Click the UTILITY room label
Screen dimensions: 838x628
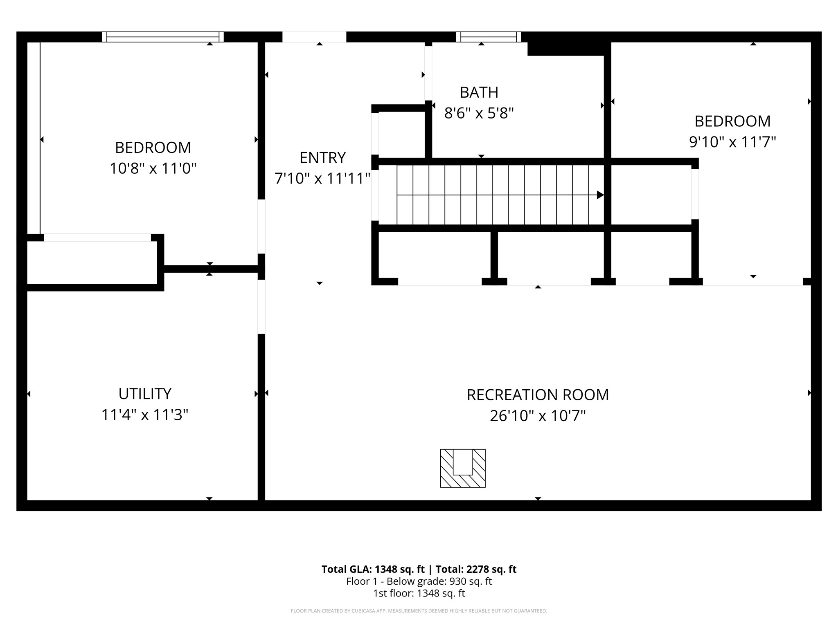click(x=145, y=394)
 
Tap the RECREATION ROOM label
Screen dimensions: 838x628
click(x=538, y=395)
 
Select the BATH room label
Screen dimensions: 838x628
click(x=479, y=92)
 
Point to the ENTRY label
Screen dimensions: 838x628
click(x=322, y=157)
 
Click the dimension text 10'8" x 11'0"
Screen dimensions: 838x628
click(x=153, y=168)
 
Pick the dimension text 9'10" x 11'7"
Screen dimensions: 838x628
click(x=732, y=142)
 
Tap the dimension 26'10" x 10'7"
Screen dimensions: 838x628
click(x=538, y=416)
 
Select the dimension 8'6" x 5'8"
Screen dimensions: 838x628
click(x=479, y=113)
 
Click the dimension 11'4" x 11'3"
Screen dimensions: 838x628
click(x=145, y=415)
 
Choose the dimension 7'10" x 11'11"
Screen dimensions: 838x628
click(x=322, y=178)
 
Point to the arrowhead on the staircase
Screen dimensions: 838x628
click(x=600, y=195)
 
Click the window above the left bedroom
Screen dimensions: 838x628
click(x=163, y=37)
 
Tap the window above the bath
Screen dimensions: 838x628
click(x=489, y=37)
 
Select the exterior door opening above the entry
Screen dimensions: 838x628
click(x=314, y=37)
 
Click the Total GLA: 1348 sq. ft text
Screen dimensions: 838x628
click(x=373, y=569)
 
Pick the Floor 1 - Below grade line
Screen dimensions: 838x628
click(x=419, y=581)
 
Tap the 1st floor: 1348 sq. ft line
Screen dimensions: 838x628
click(x=419, y=593)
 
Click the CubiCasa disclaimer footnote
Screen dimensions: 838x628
click(x=419, y=611)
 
